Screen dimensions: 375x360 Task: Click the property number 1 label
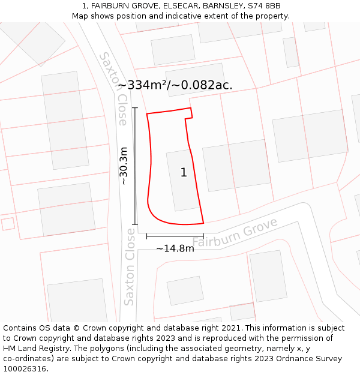point(184,173)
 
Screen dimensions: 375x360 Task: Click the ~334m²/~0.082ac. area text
point(175,85)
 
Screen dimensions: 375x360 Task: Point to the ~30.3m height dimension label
point(124,166)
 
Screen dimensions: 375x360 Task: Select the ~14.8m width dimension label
point(175,248)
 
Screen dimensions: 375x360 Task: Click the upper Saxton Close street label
point(114,88)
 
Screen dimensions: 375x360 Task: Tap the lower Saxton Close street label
point(129,267)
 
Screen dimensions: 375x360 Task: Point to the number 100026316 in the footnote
point(23,368)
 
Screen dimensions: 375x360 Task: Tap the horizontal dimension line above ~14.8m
point(175,236)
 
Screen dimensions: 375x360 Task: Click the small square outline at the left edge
point(8,224)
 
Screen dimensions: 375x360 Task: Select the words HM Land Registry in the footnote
point(35,348)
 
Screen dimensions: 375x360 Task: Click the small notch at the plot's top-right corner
point(189,114)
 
